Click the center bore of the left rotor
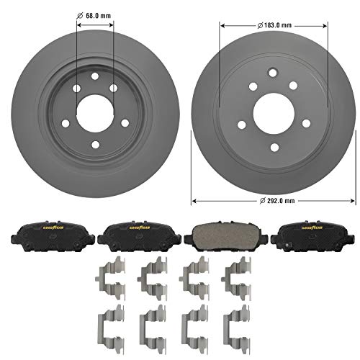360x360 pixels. coord(94,106)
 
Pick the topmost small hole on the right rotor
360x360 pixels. coord(271,72)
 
